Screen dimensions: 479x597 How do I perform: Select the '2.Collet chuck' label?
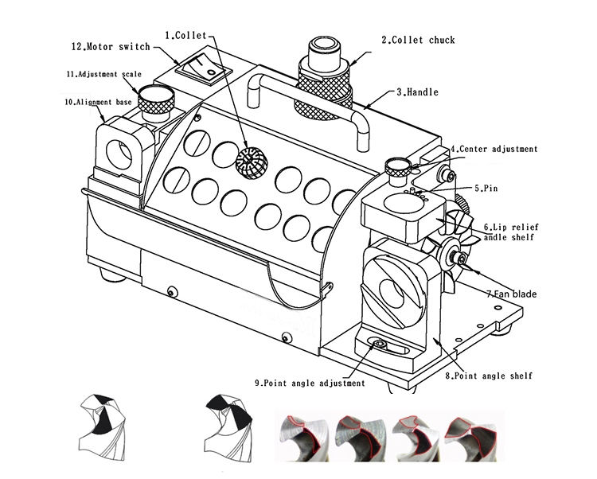[x=417, y=40]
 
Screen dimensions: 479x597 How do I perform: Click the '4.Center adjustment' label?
[x=494, y=149]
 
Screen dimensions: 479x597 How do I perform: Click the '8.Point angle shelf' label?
[x=488, y=376]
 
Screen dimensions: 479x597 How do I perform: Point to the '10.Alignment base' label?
[x=99, y=102]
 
